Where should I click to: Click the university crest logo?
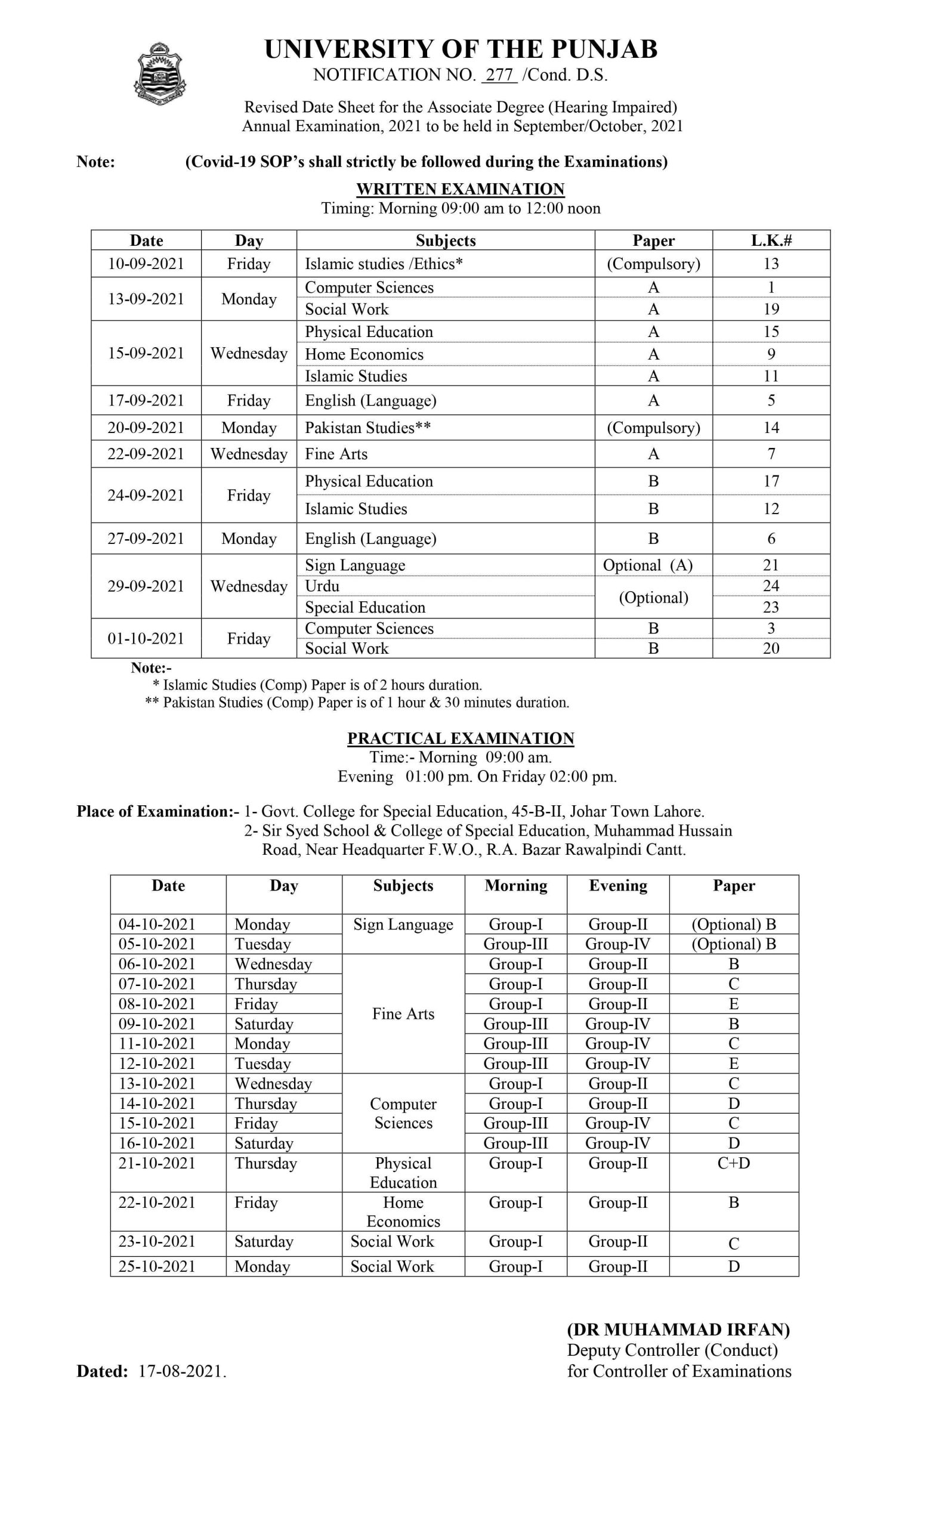[x=160, y=74]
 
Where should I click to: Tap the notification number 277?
[x=499, y=75]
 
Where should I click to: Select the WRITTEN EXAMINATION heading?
[x=461, y=189]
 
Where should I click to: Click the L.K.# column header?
[x=771, y=240]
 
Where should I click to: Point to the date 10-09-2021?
[x=146, y=264]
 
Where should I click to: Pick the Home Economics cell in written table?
[x=364, y=354]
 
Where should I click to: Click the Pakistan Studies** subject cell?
[x=367, y=428]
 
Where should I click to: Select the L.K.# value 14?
[x=771, y=428]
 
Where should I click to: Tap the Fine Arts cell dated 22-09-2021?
[x=336, y=455]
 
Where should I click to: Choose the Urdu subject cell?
[x=322, y=586]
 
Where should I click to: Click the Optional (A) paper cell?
[x=648, y=565]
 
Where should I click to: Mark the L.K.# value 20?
[x=771, y=648]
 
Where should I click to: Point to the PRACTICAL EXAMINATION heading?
[x=461, y=738]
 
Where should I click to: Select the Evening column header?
[x=618, y=886]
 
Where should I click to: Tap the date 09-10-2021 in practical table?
[x=157, y=1024]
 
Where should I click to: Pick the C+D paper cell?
[x=734, y=1163]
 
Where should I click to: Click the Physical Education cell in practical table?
[x=403, y=1173]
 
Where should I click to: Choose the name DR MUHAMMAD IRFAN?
[x=678, y=1330]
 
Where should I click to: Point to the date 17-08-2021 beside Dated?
[x=181, y=1371]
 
